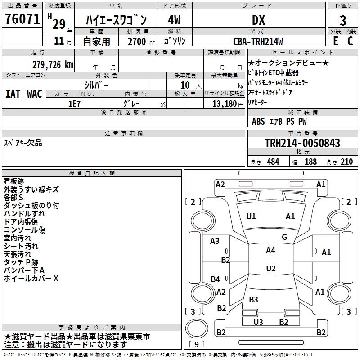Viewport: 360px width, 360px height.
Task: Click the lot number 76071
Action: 22,20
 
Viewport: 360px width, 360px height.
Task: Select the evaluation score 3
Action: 343,20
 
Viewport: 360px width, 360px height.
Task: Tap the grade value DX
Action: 258,20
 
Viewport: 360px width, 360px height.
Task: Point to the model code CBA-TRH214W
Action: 258,41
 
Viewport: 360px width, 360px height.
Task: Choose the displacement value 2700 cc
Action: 137,41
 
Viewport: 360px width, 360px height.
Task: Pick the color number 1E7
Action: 74,103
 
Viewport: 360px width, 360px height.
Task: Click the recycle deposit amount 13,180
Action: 223,103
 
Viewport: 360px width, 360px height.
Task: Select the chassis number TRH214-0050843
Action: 302,143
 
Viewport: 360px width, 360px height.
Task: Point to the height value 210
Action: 346,162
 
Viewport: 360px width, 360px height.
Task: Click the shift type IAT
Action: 13,94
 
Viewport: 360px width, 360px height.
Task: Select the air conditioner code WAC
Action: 35,94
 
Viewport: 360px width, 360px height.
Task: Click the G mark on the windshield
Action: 284,237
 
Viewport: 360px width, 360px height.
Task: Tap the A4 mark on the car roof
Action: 270,251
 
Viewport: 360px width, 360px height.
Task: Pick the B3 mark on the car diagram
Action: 253,299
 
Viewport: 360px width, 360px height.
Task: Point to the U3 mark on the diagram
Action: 258,322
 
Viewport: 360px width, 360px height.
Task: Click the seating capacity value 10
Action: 184,85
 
